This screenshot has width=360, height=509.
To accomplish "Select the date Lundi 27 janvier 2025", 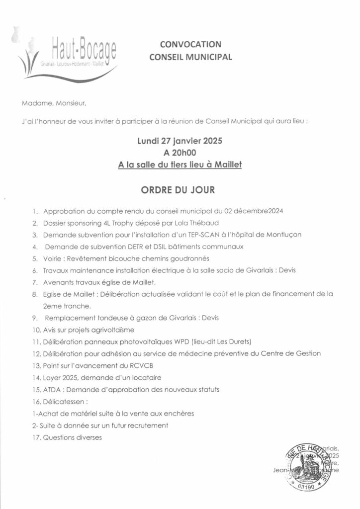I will (x=180, y=141).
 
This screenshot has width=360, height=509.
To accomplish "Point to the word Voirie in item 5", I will (x=53, y=258).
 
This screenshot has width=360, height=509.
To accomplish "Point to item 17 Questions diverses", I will (x=72, y=438).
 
